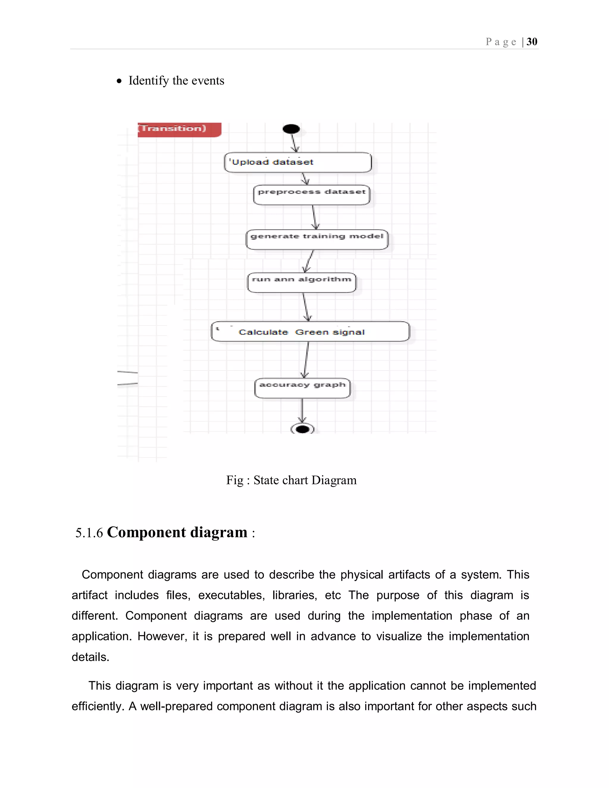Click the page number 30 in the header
coord(532,42)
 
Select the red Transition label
coord(179,129)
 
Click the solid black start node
coord(291,129)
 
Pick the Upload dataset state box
coord(298,162)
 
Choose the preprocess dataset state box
coord(312,195)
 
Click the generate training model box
coord(317,239)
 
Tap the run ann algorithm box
coord(302,282)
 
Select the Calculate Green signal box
coord(310,332)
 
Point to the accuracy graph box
coord(302,388)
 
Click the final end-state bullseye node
coord(302,429)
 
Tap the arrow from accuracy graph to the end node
coord(302,411)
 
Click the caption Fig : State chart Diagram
coord(291,480)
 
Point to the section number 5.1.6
coord(89,533)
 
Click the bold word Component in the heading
coord(146,532)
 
